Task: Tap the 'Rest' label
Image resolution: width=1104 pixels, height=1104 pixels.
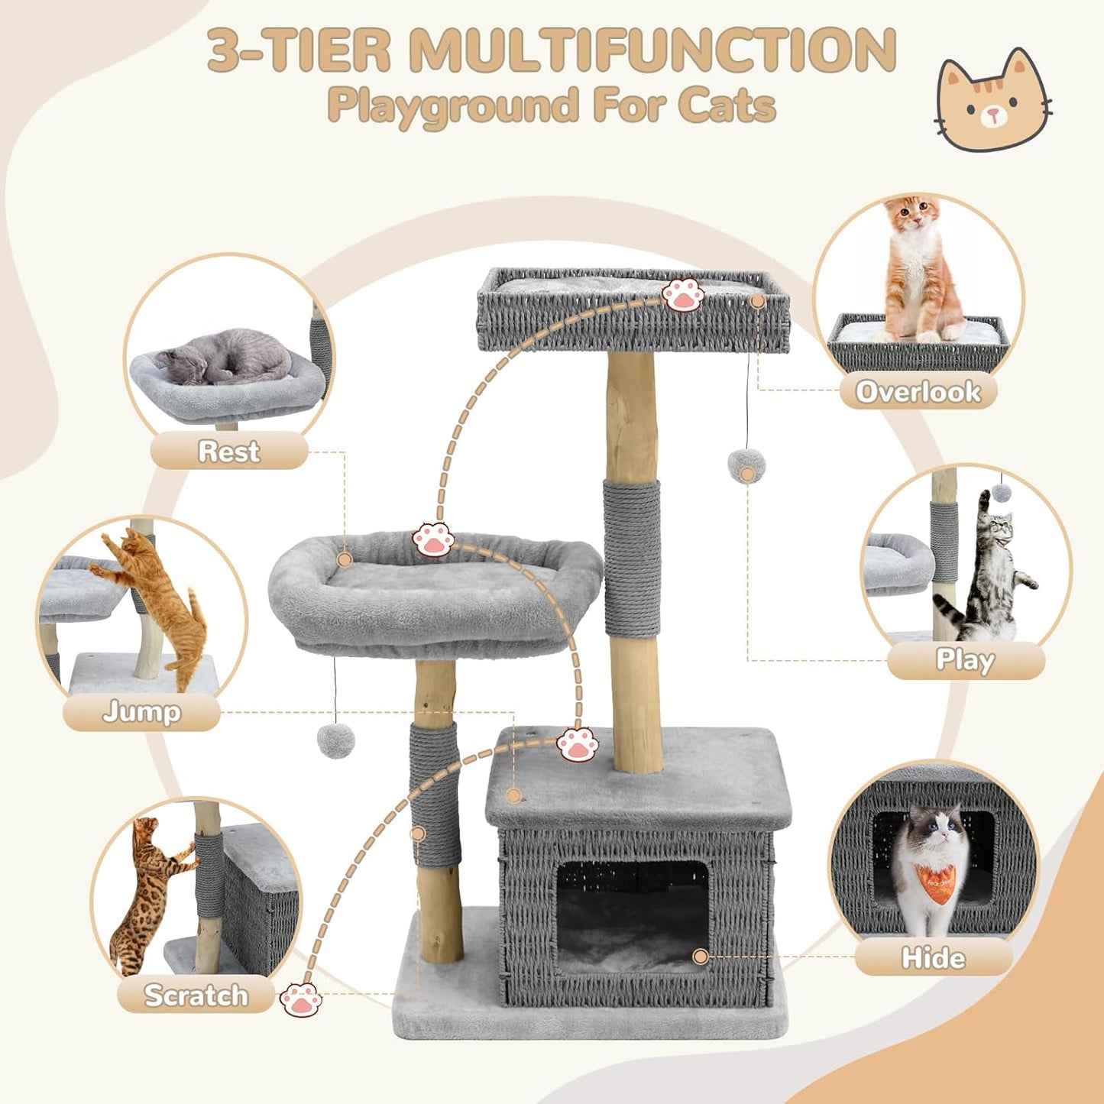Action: pos(228,451)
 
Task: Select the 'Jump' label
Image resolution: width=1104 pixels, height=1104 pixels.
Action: pos(141,712)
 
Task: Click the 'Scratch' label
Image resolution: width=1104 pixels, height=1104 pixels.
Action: pos(196,995)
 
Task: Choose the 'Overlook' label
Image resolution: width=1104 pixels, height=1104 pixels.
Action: pos(918,391)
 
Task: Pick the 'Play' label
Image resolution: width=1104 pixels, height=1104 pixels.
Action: pos(965,660)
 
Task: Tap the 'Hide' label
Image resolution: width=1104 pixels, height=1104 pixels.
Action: pos(933,957)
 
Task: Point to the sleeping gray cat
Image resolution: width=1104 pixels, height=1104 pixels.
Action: pos(225,358)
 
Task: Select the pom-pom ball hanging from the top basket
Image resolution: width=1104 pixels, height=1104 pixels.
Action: pos(746,465)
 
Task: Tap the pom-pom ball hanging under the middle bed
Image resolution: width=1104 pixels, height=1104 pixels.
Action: pos(335,740)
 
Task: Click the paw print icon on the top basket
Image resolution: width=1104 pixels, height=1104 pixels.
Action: pos(682,295)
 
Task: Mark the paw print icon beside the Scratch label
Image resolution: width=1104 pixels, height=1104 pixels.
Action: pos(300,999)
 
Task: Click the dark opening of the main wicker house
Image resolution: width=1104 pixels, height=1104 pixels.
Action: pos(632,917)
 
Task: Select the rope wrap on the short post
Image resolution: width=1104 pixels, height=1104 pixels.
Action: pos(435,795)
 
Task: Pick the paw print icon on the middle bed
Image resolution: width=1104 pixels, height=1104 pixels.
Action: pos(433,540)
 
